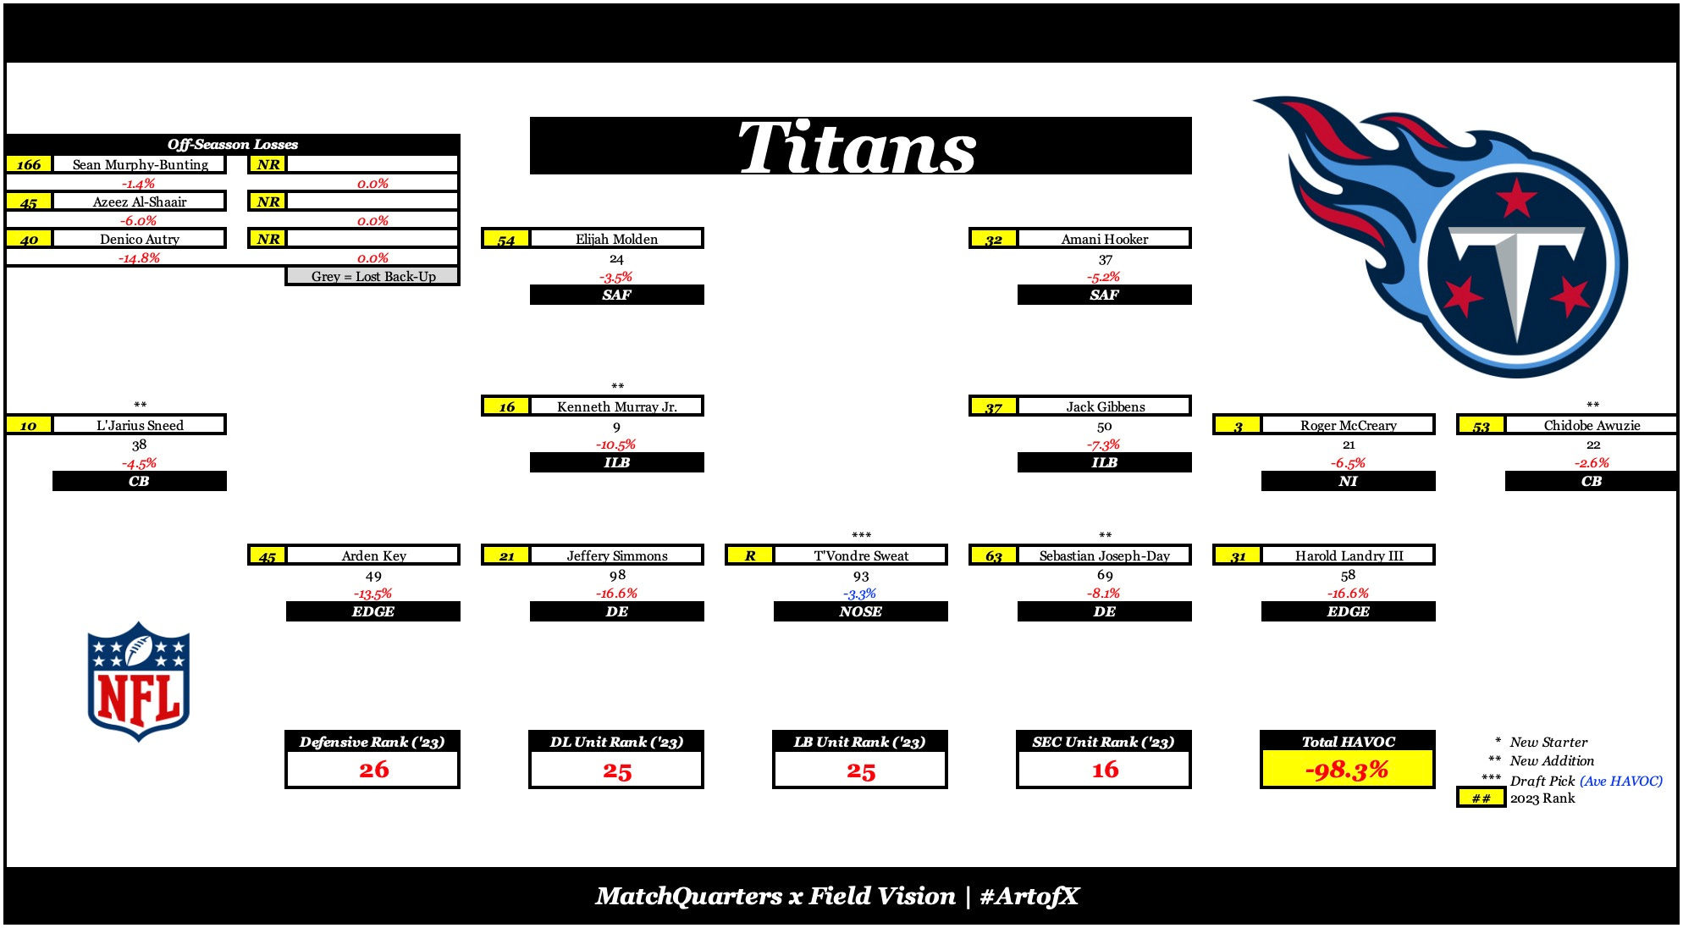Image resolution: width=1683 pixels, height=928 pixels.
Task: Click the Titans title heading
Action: (x=858, y=147)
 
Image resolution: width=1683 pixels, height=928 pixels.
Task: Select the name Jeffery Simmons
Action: (x=617, y=555)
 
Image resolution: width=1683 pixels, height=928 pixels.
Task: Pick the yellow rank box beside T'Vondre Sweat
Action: (x=750, y=555)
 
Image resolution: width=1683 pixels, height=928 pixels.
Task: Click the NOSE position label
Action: (x=860, y=611)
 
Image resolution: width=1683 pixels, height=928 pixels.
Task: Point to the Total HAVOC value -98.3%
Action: (x=1347, y=770)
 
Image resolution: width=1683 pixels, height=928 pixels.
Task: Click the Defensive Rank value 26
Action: (x=373, y=770)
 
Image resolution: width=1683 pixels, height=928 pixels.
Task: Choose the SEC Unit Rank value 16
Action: (x=1105, y=770)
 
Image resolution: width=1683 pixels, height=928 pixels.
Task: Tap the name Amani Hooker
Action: (x=1104, y=239)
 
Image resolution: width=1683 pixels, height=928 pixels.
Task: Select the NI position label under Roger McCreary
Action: (x=1348, y=481)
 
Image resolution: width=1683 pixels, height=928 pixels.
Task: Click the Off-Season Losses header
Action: (x=232, y=144)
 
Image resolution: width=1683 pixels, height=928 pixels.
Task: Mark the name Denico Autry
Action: (x=140, y=239)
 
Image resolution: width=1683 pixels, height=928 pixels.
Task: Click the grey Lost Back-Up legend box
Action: (x=372, y=276)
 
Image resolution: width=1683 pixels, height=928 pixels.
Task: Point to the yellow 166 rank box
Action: (x=29, y=164)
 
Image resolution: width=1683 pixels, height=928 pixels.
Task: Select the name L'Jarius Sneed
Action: (x=140, y=425)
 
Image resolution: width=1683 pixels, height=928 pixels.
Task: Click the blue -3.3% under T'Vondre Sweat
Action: (x=860, y=594)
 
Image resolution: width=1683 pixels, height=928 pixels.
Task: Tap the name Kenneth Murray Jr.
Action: (x=617, y=406)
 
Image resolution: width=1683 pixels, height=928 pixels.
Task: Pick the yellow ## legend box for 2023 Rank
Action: (x=1481, y=798)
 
